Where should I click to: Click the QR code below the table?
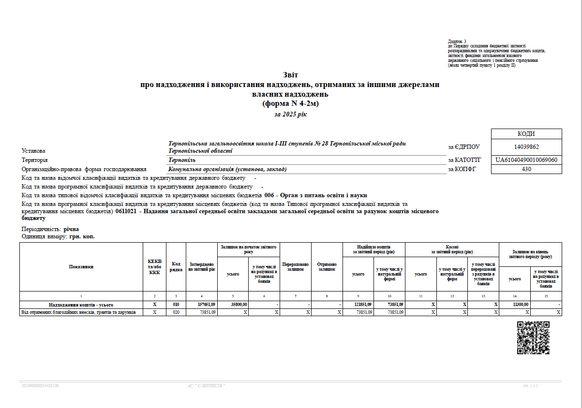[x=533, y=338]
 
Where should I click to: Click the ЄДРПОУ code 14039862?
[x=526, y=147]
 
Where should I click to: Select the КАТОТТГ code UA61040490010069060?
[x=526, y=160]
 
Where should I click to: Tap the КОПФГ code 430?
[x=526, y=169]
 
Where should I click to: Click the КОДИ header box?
[x=526, y=134]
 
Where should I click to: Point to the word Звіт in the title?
[x=290, y=75]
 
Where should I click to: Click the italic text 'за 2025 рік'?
[x=290, y=115]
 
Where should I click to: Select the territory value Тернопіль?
[x=182, y=160]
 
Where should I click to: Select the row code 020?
[x=176, y=312]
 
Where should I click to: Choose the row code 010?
[x=176, y=305]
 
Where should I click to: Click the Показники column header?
[x=81, y=266]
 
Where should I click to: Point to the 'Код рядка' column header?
[x=176, y=266]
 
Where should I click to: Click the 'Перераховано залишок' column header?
[x=296, y=266]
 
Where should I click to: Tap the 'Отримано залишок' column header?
[x=327, y=266]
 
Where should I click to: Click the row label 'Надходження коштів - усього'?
[x=81, y=305]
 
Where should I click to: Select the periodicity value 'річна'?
[x=71, y=229]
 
